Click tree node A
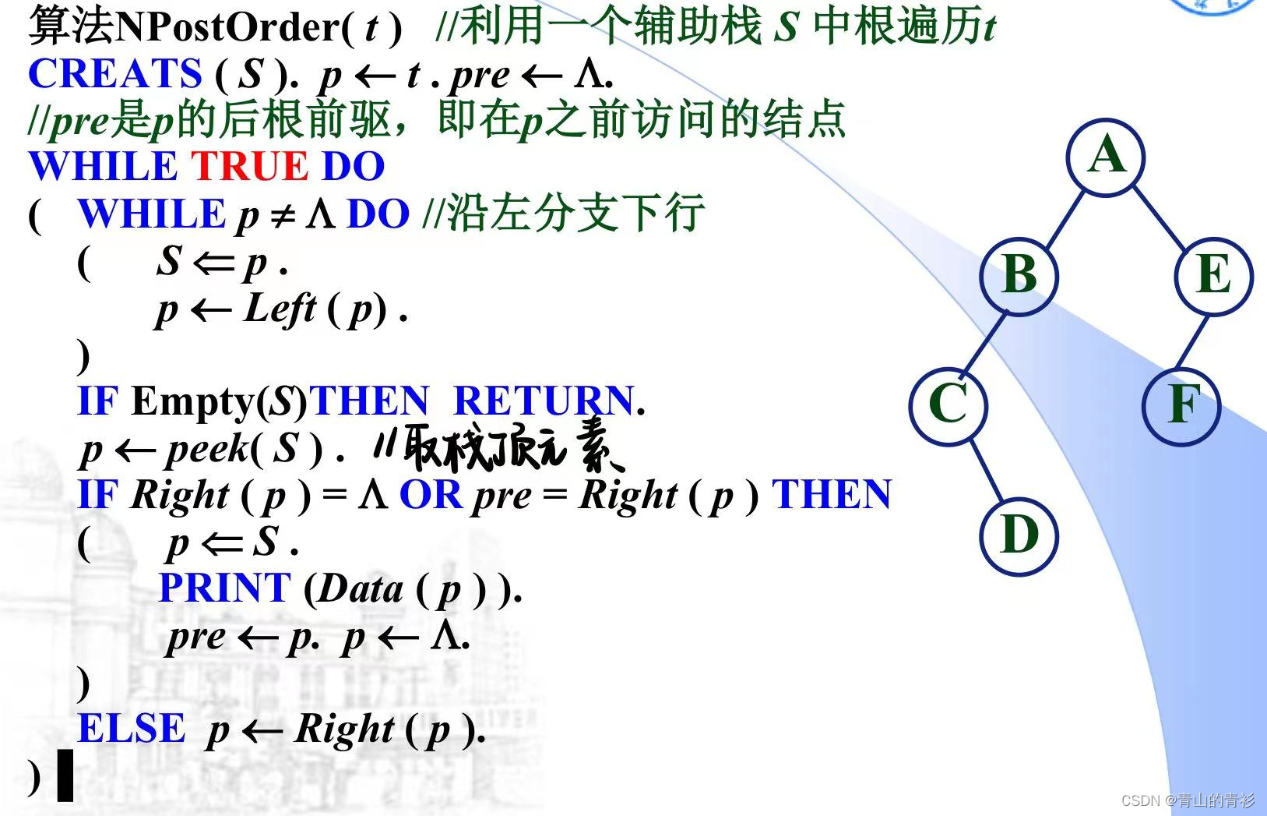(1106, 156)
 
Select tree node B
(1019, 276)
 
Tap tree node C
(948, 404)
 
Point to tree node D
(1019, 536)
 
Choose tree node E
(1213, 276)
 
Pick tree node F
(1181, 405)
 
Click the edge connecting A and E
(1160, 216)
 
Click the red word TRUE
(249, 166)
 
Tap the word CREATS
(115, 74)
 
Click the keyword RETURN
(543, 401)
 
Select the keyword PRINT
(224, 588)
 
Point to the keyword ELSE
(132, 729)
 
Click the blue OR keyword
(431, 495)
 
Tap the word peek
(206, 449)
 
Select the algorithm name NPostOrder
(226, 28)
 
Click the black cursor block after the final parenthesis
(65, 775)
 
